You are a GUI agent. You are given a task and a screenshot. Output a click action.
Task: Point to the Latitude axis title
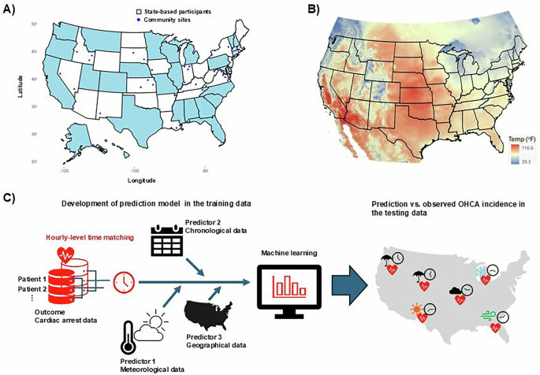(x=20, y=87)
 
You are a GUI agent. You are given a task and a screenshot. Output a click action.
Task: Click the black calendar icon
(x=166, y=241)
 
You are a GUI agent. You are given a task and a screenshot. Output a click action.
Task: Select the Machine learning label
(x=290, y=252)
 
